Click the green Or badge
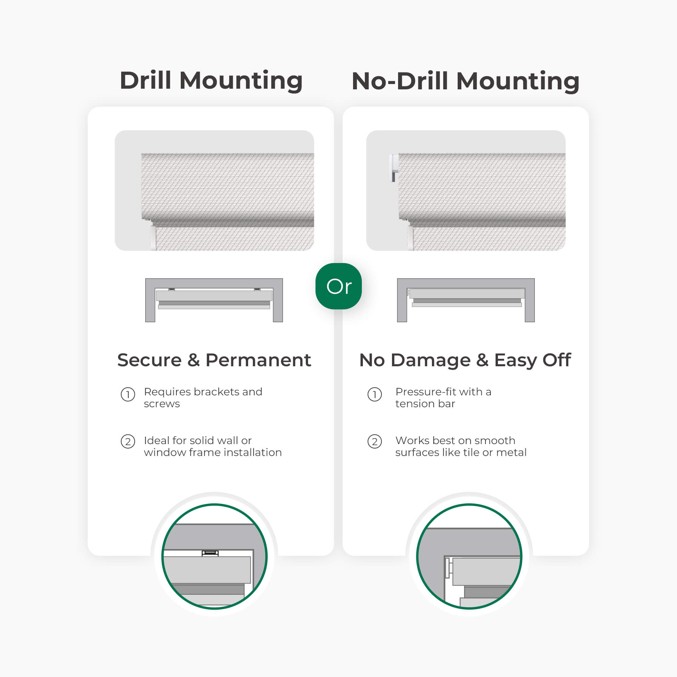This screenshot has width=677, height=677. coord(338,286)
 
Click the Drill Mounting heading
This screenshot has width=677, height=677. coord(211,81)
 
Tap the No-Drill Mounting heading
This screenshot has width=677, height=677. coord(465,81)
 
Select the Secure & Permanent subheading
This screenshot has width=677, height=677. coord(214,360)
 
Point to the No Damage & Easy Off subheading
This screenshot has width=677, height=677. coord(465,361)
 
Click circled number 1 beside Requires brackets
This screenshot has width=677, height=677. coord(128,395)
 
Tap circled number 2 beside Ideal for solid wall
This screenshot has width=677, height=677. coord(128,441)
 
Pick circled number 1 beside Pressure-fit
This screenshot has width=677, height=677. coord(375,395)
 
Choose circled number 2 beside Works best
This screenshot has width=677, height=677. coord(375,441)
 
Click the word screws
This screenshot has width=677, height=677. coord(162,404)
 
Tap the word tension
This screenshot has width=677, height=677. coord(415,404)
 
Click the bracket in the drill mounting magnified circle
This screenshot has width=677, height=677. coord(210,553)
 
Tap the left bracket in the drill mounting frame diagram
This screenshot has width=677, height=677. coord(172,289)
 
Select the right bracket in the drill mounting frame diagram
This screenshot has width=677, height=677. coord(257,289)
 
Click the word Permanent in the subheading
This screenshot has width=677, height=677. coord(258,360)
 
